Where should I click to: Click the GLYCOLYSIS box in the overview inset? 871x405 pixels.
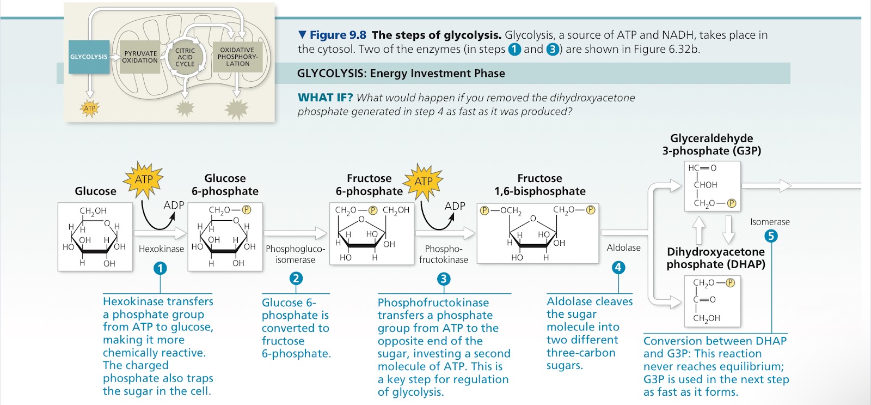coord(89,57)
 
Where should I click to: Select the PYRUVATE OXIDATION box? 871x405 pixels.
coord(139,57)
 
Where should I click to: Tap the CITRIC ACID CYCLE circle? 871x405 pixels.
coord(185,57)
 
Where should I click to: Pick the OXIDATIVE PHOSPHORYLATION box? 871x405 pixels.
coord(237,57)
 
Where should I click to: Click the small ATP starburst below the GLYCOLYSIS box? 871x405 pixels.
coord(89,108)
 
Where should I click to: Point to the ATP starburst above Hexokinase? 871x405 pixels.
coord(144,180)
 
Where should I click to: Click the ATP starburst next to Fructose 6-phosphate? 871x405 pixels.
coord(423,182)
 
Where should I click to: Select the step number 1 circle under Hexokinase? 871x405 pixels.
coord(160,268)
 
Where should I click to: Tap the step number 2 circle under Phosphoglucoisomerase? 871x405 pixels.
coord(296,279)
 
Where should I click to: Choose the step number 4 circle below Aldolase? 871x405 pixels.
coord(618,268)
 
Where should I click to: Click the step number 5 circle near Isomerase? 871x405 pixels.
coord(771,236)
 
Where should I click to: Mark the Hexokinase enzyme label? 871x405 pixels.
coord(161,249)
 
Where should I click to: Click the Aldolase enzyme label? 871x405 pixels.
coord(624,247)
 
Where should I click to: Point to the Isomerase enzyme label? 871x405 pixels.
coord(770,222)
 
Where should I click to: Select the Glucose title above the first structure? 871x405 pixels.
coord(95,191)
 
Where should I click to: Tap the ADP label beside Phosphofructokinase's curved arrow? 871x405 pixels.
coord(455,206)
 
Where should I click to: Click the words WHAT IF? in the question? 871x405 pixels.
coord(325,98)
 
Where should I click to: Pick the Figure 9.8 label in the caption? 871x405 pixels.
coord(338,35)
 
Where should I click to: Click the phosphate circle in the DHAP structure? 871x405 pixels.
coord(730,283)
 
